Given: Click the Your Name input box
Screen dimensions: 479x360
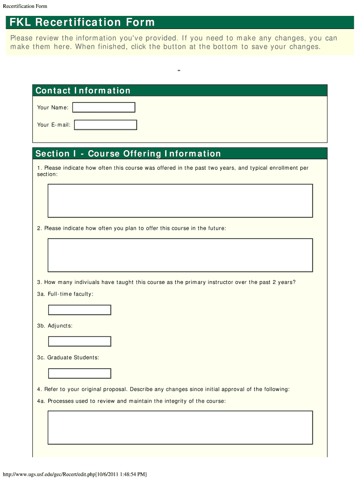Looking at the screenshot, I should pos(104,108).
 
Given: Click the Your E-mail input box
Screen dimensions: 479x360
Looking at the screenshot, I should pos(106,125).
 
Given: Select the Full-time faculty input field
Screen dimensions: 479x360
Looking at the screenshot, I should pos(80,310).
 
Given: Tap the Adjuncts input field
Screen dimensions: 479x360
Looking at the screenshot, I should pos(80,341).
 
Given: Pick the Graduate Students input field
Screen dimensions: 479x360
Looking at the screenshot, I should pos(80,373).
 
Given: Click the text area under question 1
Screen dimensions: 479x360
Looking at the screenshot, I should pos(180,201).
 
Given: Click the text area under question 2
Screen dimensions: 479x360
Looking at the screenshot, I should pos(180,255).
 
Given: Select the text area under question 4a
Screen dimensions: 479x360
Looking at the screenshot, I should pos(180,428).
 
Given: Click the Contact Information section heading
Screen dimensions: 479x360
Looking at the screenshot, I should pos(83,91).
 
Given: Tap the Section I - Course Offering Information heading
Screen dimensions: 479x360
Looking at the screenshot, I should pos(128,154).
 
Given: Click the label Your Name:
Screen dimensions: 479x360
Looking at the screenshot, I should pos(53,108).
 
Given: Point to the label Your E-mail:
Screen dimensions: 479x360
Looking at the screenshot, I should pos(54,125).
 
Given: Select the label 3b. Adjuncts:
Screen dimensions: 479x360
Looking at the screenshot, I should pos(55,326).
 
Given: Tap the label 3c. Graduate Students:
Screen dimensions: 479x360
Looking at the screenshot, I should pos(68,357).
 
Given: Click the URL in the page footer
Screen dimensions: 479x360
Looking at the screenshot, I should pos(75,474).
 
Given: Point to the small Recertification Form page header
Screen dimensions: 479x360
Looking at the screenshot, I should pos(25,6).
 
